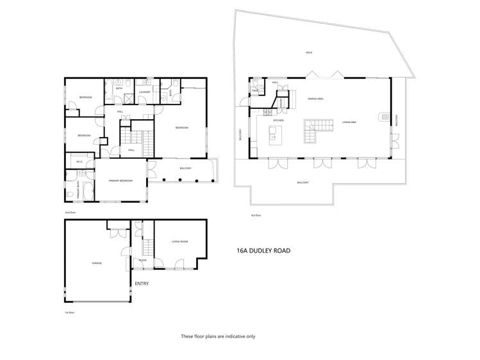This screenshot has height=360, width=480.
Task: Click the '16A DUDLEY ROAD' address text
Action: click(x=263, y=250)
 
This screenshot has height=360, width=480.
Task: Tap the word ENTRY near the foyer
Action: click(x=141, y=282)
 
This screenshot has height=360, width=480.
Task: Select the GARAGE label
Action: click(x=97, y=263)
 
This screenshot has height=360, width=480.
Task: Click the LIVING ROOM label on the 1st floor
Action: click(x=179, y=241)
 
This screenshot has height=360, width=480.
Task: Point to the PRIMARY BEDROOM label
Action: click(x=120, y=181)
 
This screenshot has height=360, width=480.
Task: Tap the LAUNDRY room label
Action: click(x=144, y=92)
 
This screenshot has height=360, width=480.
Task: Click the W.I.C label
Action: click(x=79, y=161)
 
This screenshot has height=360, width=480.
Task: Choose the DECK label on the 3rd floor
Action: click(x=309, y=53)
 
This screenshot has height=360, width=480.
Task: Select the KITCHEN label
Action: click(x=279, y=120)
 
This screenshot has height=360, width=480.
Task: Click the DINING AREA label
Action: click(x=315, y=99)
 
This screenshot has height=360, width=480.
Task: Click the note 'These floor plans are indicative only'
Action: click(x=218, y=336)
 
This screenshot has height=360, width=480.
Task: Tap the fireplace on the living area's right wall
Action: click(x=385, y=117)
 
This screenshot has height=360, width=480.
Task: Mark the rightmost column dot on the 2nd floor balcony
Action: click(x=211, y=180)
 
